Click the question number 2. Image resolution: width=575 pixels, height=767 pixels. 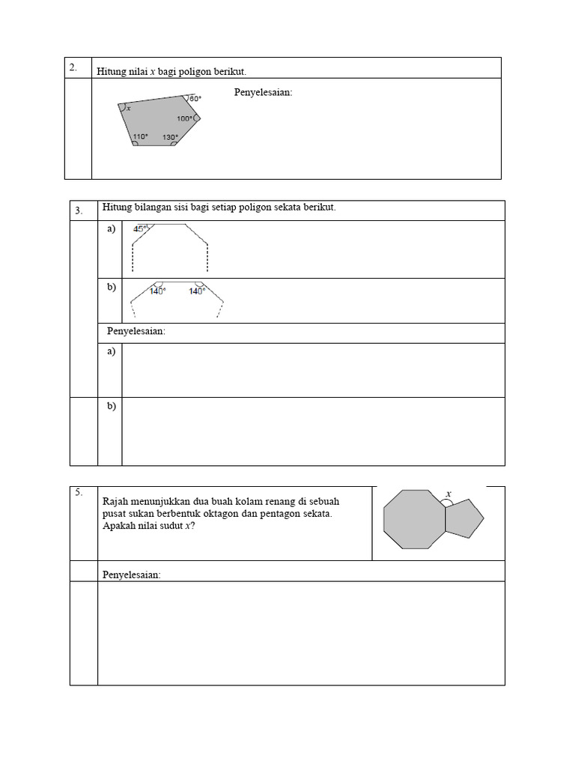pyautogui.click(x=73, y=67)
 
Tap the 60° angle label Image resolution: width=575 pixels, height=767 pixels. pyautogui.click(x=195, y=99)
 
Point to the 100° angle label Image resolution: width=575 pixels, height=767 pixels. pyautogui.click(x=185, y=118)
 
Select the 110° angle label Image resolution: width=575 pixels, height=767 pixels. pyautogui.click(x=141, y=137)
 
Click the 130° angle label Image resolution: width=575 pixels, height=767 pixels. pyautogui.click(x=171, y=137)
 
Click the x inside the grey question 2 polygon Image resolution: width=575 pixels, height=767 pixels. pyautogui.click(x=129, y=109)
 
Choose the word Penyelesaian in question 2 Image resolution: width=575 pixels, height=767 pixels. pyautogui.click(x=264, y=93)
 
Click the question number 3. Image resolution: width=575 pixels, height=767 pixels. pyautogui.click(x=79, y=211)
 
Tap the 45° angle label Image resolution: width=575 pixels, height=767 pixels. pyautogui.click(x=141, y=229)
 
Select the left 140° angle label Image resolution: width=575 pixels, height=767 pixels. pyautogui.click(x=157, y=291)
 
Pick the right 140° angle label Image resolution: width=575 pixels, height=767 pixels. pyautogui.click(x=197, y=291)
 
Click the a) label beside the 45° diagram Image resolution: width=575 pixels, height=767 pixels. pyautogui.click(x=112, y=229)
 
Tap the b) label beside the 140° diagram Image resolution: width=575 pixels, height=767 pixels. pyautogui.click(x=112, y=287)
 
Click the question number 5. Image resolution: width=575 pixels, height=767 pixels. pyautogui.click(x=78, y=492)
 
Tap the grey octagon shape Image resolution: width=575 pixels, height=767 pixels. pyautogui.click(x=414, y=519)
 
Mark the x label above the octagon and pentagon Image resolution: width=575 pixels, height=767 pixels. pyautogui.click(x=448, y=494)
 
